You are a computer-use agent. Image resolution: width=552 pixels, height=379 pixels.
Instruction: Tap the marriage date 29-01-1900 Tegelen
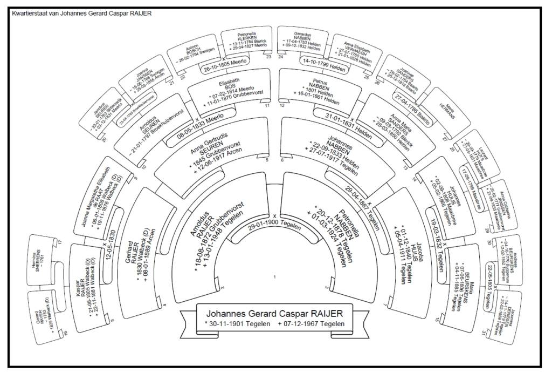[274, 227]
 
